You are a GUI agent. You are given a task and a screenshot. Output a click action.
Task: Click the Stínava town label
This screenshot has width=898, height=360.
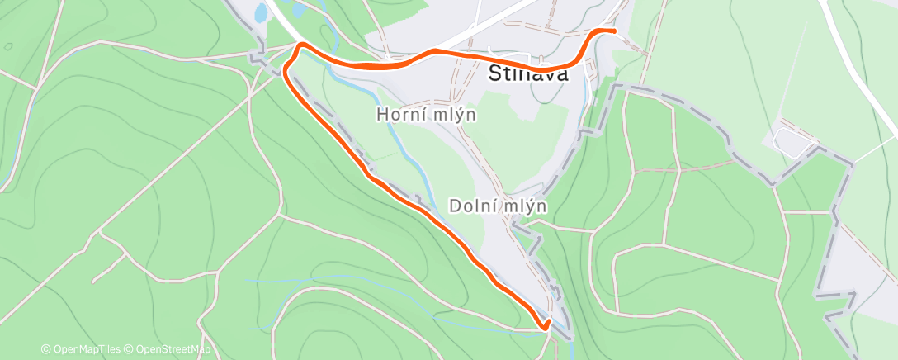pyautogui.click(x=528, y=73)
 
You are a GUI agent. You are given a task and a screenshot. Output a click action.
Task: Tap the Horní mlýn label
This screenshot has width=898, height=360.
pyautogui.click(x=426, y=115)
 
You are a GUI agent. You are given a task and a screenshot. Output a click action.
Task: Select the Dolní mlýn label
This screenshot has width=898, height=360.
pyautogui.click(x=499, y=205)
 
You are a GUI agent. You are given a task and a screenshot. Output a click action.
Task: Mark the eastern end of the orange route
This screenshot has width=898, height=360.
pyautogui.click(x=615, y=31)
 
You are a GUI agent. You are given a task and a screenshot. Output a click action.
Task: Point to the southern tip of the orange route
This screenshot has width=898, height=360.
pyautogui.click(x=545, y=329)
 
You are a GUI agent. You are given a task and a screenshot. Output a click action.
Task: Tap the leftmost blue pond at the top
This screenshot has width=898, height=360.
pyautogui.click(x=261, y=12)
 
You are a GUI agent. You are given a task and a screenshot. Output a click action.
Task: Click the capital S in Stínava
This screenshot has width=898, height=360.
pyautogui.click(x=495, y=73)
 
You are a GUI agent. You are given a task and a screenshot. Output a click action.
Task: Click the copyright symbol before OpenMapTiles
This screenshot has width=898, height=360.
pyautogui.click(x=46, y=349)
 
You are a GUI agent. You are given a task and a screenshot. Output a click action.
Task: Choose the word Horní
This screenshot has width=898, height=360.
pyautogui.click(x=400, y=115)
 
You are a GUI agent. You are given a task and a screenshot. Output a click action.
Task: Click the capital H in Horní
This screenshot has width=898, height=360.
pyautogui.click(x=382, y=115)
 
